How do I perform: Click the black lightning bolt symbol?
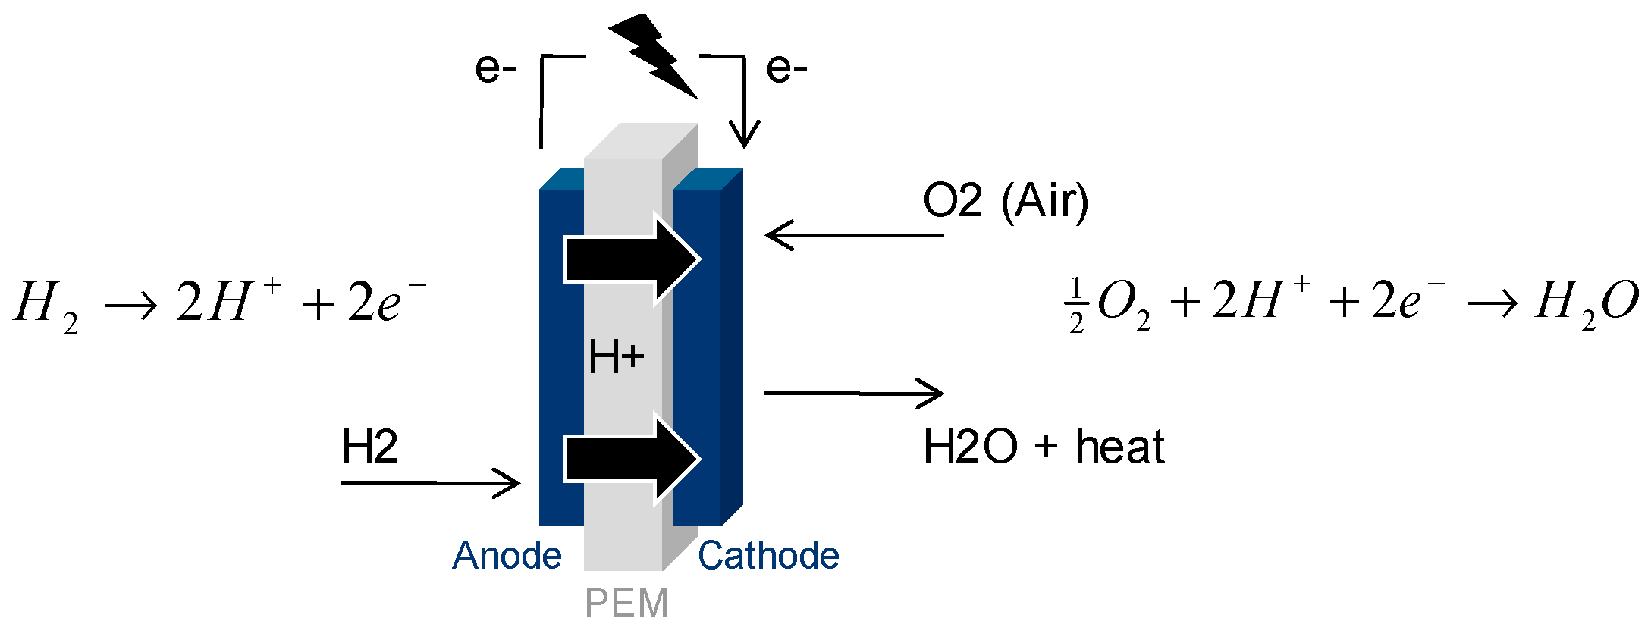tap(654, 55)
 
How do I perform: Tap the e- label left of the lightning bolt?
tap(495, 68)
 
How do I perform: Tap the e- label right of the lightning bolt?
tap(786, 68)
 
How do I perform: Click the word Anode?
tap(507, 556)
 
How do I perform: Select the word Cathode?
tap(768, 556)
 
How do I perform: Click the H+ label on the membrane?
tap(616, 357)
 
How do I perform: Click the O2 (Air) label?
tap(1005, 201)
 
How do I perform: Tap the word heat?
tap(1119, 447)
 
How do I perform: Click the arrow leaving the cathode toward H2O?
tap(854, 393)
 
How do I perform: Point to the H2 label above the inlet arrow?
tap(369, 447)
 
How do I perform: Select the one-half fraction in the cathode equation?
tap(1076, 306)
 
